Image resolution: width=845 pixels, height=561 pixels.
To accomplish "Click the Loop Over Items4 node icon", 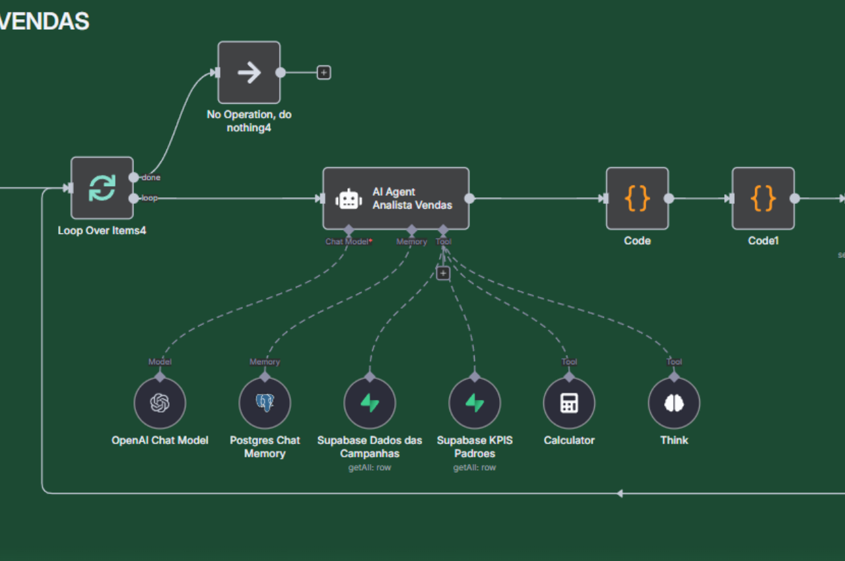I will tap(102, 188).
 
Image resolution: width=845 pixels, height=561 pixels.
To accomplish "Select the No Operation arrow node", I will tap(249, 73).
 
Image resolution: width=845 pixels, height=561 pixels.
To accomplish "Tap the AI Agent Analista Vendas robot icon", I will tap(349, 199).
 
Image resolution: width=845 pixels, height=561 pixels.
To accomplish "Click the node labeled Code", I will tap(637, 198).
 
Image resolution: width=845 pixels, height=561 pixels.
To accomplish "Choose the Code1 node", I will tap(762, 198).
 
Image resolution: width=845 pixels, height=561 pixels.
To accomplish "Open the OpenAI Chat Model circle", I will tap(160, 403).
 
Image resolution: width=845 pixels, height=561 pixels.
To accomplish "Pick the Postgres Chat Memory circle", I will tap(265, 403).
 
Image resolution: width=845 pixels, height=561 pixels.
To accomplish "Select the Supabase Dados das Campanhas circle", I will tap(370, 403).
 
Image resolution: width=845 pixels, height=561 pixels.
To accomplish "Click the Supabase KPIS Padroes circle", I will tap(475, 403).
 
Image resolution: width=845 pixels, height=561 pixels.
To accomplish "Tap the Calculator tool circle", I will tap(569, 403).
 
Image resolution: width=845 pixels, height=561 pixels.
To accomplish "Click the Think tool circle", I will tap(674, 403).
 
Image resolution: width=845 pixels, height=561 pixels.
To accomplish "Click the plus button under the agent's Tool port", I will tap(443, 273).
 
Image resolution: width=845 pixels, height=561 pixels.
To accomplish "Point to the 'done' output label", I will tap(151, 178).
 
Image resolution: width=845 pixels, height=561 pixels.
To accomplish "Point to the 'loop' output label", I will tap(150, 198).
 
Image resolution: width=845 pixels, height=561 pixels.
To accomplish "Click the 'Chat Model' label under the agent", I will tap(347, 242).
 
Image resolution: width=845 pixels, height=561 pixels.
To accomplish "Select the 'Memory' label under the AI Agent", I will tap(411, 242).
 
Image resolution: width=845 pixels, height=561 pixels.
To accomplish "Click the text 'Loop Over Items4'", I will tap(102, 231).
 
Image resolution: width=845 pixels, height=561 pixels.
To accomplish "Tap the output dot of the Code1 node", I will tap(795, 198).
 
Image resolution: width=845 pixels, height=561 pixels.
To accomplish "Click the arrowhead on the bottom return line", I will tap(619, 493).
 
